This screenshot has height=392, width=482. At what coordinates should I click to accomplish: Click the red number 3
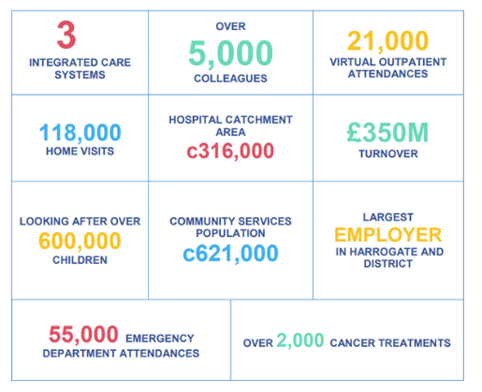tap(66, 35)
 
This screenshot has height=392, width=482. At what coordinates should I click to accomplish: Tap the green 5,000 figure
tap(230, 53)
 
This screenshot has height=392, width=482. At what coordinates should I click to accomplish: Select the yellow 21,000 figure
tap(387, 41)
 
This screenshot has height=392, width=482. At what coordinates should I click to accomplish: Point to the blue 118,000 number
tap(80, 133)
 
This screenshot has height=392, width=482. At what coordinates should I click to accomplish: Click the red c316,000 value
tap(230, 152)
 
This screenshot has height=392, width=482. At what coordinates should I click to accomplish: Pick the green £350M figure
tap(387, 133)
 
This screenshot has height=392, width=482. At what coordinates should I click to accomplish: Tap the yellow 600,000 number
tap(80, 241)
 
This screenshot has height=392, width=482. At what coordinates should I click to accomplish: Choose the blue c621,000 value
tap(230, 254)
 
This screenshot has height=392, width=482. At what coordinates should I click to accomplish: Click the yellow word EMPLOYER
tap(388, 235)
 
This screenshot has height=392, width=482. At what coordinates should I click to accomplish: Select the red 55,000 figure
tap(83, 334)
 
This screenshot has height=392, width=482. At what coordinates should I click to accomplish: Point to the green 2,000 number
tap(300, 341)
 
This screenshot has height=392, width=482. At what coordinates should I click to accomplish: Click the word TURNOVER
tap(388, 153)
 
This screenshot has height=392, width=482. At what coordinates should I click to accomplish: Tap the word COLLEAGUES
tap(230, 79)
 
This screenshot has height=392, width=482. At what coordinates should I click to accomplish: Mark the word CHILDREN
tap(80, 260)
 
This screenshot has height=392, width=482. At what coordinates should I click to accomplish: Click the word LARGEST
tap(388, 217)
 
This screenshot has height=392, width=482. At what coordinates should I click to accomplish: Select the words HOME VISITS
tap(80, 152)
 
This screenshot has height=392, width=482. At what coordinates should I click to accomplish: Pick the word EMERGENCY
tap(160, 339)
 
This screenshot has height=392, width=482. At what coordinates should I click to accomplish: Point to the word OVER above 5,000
tap(230, 26)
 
